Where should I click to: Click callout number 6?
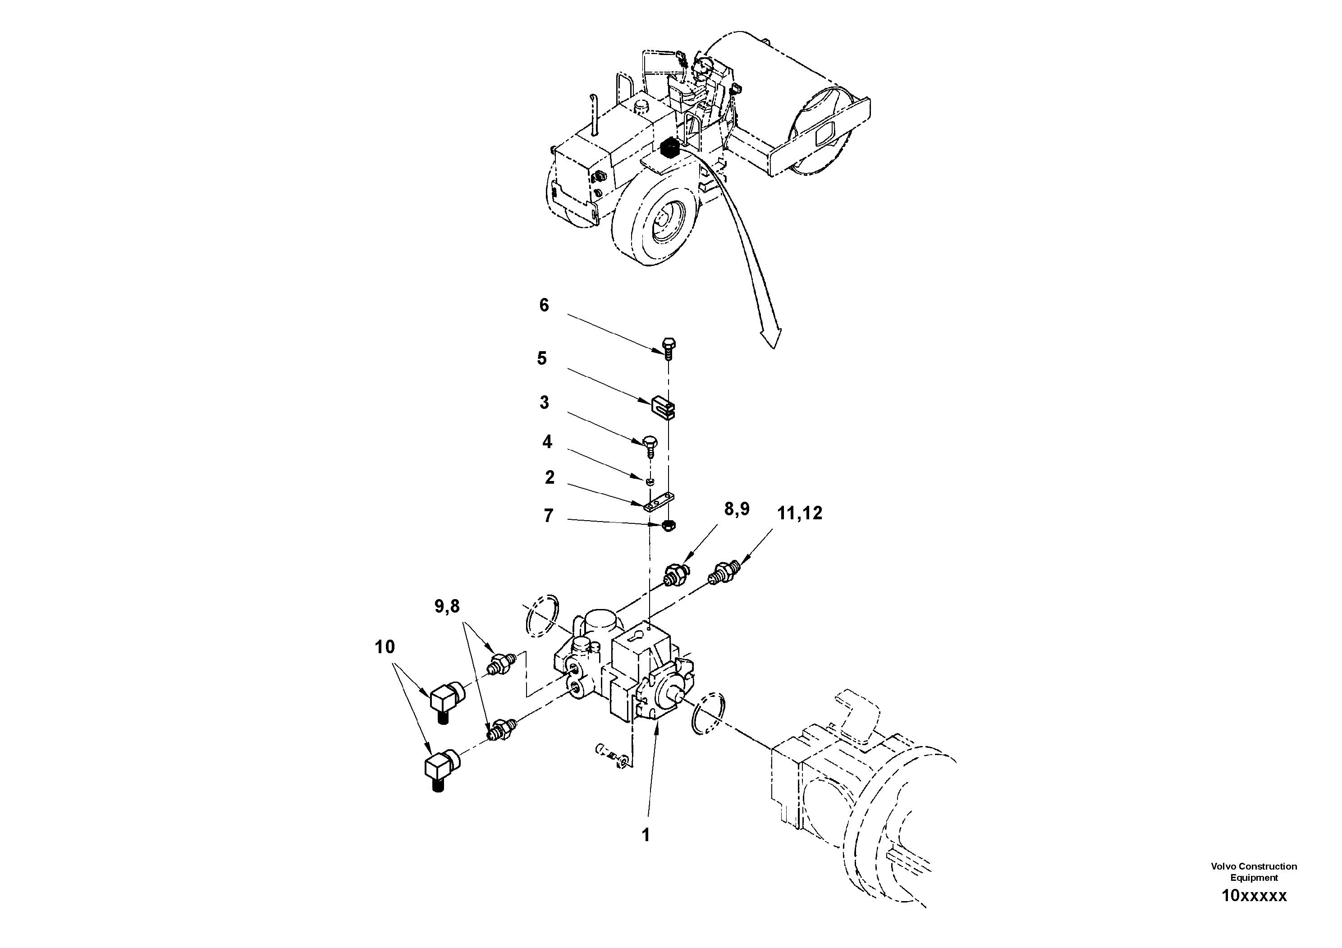coord(544,305)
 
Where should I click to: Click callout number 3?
coord(544,403)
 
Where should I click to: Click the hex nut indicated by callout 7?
coord(670,525)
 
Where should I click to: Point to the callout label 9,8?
coord(447,607)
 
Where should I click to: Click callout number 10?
coord(385,647)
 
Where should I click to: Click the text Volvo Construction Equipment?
coord(1254,871)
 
